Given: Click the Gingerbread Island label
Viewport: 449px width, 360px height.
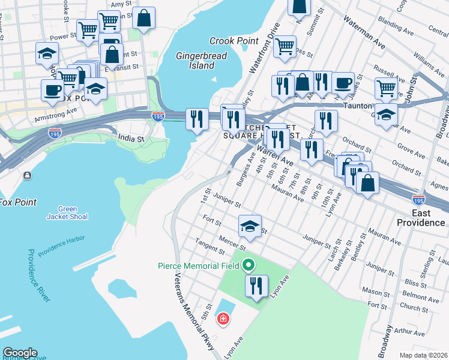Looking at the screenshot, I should click(x=194, y=60).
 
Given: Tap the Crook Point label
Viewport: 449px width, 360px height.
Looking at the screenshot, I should click(x=234, y=41).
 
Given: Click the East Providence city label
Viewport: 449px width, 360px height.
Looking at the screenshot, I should click(x=420, y=218).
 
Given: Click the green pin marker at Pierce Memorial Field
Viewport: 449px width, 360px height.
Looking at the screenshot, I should click(x=249, y=265).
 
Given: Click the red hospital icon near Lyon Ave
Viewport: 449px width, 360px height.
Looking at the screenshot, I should click(x=223, y=319).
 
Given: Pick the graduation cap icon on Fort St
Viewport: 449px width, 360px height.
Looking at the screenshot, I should click(x=250, y=226).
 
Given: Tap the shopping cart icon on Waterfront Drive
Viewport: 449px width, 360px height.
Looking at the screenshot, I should click(x=285, y=46).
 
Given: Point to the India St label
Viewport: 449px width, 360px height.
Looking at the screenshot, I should click(x=131, y=138).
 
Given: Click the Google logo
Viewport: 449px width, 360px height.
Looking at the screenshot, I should click(x=20, y=353).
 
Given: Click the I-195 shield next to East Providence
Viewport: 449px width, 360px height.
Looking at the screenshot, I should click(x=419, y=199).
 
